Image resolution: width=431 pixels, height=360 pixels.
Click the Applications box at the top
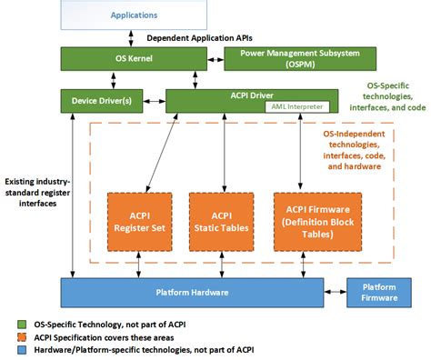133,15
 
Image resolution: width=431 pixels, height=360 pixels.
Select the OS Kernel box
133,59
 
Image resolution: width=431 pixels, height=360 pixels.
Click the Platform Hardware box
192,293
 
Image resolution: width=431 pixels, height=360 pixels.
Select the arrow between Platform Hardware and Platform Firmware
337,293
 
